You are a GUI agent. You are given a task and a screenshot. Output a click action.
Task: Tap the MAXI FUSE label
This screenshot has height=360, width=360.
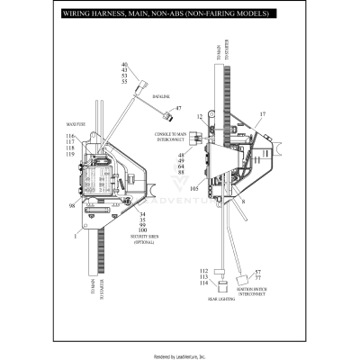click(75, 124)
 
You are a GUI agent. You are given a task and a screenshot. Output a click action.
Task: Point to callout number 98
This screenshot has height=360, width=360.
click(73, 205)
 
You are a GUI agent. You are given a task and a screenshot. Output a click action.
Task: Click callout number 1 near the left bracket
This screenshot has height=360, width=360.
click(75, 235)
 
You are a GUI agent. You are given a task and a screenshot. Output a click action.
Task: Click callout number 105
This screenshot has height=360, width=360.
click(193, 189)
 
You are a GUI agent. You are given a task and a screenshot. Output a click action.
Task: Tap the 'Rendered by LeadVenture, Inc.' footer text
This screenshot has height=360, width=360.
click(180, 355)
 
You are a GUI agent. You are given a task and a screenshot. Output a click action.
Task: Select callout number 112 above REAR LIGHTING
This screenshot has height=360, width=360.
click(204, 270)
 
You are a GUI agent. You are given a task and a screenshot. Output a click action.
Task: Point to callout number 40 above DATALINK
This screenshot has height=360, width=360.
click(124, 64)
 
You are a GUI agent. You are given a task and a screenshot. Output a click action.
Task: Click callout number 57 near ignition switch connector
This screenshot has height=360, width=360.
click(257, 272)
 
